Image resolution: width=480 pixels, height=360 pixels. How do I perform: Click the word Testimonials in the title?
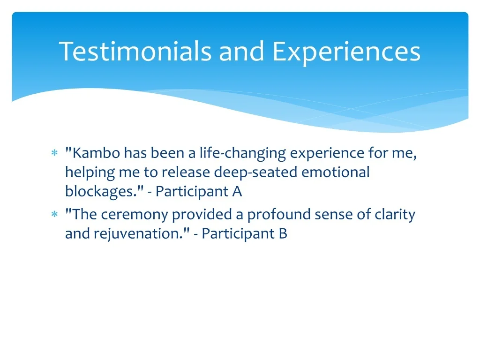click(135, 52)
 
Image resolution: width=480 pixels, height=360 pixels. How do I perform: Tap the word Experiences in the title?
click(346, 52)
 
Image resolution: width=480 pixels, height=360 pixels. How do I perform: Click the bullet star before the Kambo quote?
click(54, 152)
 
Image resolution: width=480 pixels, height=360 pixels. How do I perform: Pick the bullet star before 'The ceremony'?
click(54, 214)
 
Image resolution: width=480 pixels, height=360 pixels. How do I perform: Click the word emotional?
click(336, 172)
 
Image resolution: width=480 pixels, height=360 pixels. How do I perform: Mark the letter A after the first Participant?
click(237, 192)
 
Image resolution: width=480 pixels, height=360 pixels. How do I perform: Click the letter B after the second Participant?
click(283, 234)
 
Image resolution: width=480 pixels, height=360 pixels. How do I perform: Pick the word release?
click(186, 172)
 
